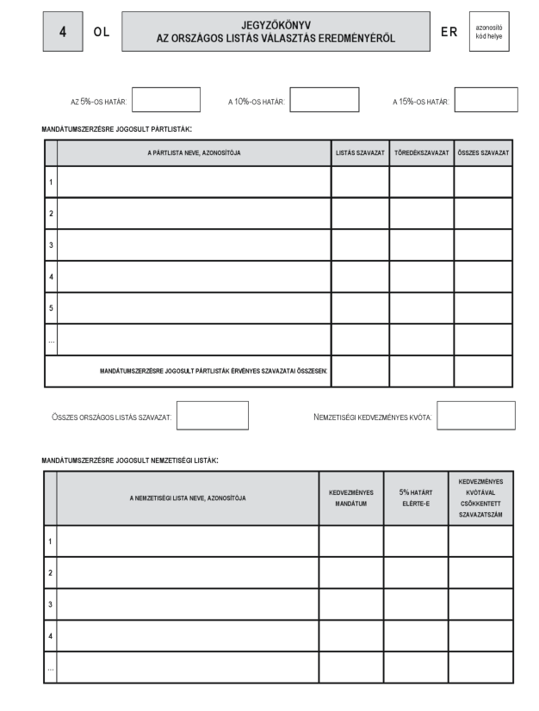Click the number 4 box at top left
click(x=62, y=30)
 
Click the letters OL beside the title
click(x=102, y=31)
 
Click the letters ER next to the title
click(x=449, y=31)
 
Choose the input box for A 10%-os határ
click(x=325, y=100)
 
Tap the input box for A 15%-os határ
click(x=486, y=100)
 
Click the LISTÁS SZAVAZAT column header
click(x=360, y=152)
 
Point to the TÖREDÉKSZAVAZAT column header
click(x=421, y=152)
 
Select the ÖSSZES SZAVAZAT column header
click(x=483, y=152)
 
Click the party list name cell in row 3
click(x=194, y=244)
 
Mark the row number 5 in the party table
click(x=51, y=308)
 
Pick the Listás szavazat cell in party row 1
click(x=360, y=182)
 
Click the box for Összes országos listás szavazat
click(x=212, y=416)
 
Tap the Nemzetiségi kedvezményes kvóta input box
click(x=475, y=416)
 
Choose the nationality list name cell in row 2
click(x=188, y=572)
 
